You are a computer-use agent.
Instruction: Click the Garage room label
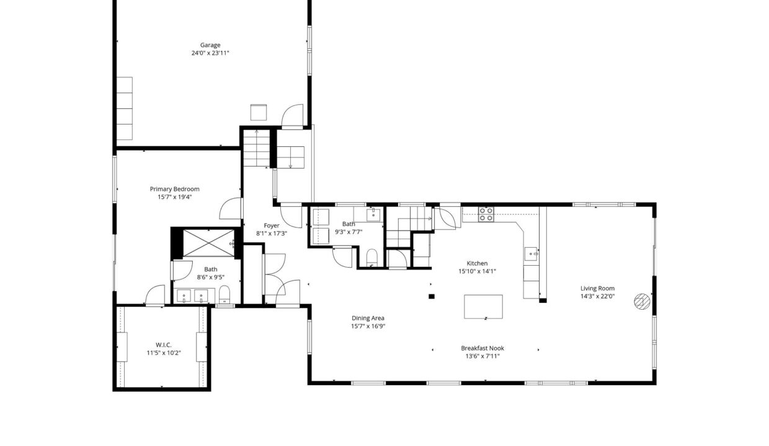210,45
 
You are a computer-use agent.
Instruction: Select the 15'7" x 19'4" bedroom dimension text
174,197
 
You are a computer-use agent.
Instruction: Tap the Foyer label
271,225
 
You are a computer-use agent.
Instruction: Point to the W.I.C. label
164,345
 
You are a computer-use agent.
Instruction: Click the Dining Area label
368,318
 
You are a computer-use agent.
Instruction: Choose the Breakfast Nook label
482,348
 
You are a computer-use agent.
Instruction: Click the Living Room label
597,289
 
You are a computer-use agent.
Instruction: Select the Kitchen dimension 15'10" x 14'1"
477,271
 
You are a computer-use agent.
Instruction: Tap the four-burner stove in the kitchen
486,214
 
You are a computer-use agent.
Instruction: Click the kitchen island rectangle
483,307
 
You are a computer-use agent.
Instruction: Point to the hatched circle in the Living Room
642,302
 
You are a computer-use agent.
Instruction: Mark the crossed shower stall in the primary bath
208,243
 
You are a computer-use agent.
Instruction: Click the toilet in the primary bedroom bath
224,294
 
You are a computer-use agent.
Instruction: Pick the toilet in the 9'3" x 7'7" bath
372,258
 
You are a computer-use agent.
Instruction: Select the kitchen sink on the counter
531,254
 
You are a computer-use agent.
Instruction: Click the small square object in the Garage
259,113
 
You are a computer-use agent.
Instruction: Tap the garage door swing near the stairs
292,116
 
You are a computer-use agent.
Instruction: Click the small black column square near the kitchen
432,297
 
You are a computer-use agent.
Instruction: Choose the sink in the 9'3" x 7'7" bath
373,215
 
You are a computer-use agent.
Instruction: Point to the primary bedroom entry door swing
230,208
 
